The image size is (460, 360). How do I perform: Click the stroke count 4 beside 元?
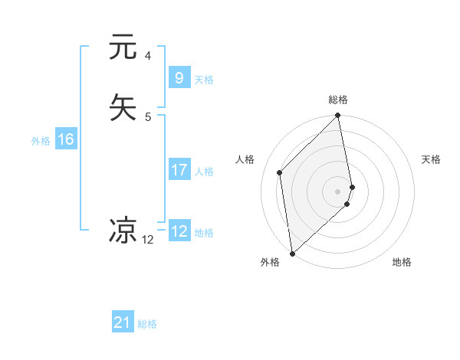(148, 56)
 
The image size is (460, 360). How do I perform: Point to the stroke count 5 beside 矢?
(148, 116)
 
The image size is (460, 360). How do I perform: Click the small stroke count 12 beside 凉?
(148, 239)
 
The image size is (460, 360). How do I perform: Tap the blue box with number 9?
(179, 77)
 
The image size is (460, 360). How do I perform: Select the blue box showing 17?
(179, 170)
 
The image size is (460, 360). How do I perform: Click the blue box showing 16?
(65, 139)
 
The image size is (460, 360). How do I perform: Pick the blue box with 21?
(123, 322)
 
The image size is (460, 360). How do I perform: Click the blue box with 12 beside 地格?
(179, 231)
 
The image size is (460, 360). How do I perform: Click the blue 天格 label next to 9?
(204, 80)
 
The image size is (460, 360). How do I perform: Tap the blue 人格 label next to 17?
(204, 172)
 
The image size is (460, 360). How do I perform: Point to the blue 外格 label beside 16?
(41, 141)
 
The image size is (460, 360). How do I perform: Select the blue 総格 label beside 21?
(147, 324)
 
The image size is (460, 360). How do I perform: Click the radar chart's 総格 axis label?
(338, 100)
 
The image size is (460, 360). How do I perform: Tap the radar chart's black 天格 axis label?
(431, 159)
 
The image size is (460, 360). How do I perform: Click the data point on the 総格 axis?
(338, 116)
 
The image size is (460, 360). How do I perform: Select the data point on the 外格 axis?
(291, 253)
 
